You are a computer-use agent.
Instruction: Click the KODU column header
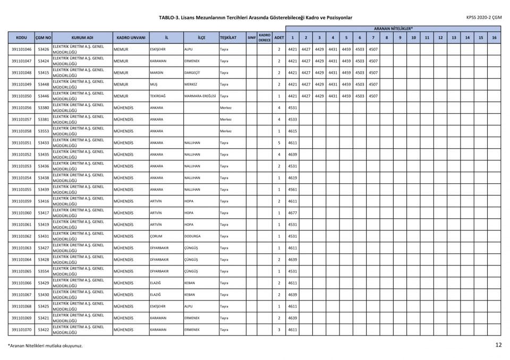[x=21, y=38]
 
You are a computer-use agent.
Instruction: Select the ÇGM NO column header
[x=44, y=38]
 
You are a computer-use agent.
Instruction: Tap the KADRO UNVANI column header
[x=130, y=38]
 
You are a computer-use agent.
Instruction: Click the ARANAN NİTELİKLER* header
[x=393, y=28]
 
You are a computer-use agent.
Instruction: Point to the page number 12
[x=498, y=345]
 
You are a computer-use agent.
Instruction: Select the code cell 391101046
[x=21, y=49]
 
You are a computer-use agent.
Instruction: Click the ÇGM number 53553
[x=44, y=131]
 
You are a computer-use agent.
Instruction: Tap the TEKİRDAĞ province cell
[x=158, y=96]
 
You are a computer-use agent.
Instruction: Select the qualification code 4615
[x=292, y=131]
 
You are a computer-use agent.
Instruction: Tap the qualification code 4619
[x=292, y=178]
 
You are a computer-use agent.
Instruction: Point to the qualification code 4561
[x=292, y=190]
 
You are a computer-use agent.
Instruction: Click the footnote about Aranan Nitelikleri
[x=45, y=346]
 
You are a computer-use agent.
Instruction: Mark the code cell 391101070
[x=21, y=330]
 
